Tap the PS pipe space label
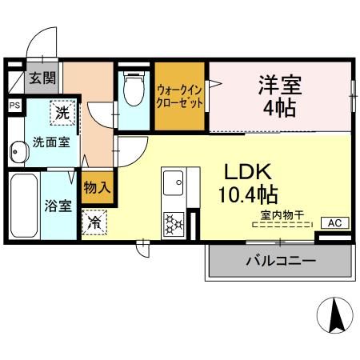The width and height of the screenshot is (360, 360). click(x=14, y=104)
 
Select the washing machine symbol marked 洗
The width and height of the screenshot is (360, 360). click(x=63, y=113)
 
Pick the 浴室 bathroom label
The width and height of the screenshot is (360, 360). click(x=58, y=206)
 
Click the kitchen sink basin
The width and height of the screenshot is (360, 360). click(x=173, y=186)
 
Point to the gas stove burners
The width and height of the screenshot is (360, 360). click(x=173, y=221)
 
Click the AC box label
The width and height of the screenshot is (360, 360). click(x=334, y=222)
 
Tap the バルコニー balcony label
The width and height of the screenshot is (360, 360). click(x=279, y=261)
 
